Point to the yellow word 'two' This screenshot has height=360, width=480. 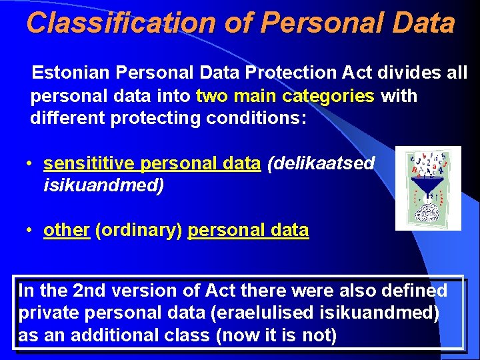point(212,95)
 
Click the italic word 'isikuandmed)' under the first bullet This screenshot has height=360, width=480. point(103,185)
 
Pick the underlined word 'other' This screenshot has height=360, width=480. point(67,231)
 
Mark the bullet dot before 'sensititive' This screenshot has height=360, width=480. point(30,164)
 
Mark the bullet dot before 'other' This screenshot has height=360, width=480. point(30,231)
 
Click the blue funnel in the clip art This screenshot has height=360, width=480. point(427,184)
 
